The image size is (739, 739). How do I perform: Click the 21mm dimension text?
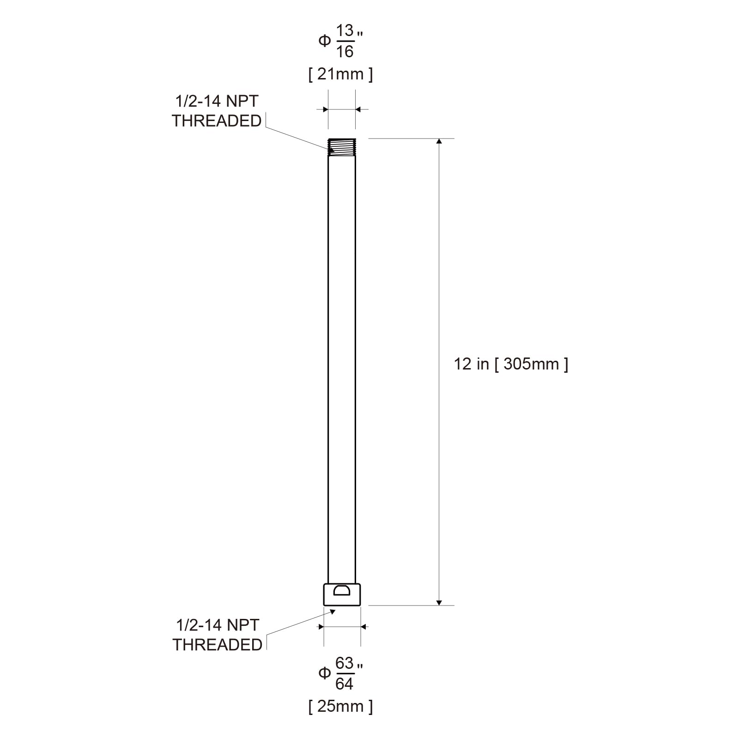click(x=340, y=74)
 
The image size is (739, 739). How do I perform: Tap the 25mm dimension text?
click(x=340, y=706)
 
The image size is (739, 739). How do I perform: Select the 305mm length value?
click(x=531, y=364)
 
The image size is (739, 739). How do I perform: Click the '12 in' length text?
click(x=471, y=364)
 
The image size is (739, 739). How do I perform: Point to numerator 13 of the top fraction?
click(x=345, y=31)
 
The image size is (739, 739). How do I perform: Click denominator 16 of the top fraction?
click(x=345, y=52)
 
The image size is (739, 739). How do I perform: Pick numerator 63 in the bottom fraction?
click(x=345, y=663)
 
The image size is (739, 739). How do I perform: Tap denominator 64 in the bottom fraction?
click(x=345, y=684)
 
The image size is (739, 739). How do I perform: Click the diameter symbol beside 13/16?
click(x=325, y=41)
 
